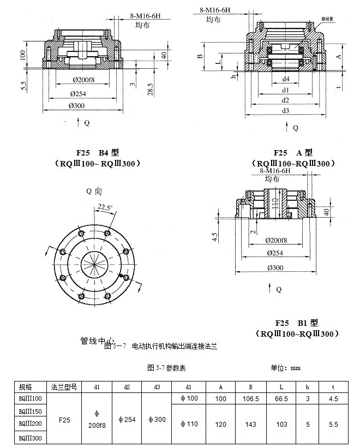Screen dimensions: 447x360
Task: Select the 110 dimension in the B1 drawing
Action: point(275,203)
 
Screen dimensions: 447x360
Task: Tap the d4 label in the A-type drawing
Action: point(285,80)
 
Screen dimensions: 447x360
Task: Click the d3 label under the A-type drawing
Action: point(285,111)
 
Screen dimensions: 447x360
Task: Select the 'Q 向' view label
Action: point(94,191)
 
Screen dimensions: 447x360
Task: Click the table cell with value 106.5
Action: point(250,399)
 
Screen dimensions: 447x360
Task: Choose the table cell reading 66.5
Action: point(280,399)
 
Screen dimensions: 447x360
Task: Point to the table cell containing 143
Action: point(250,424)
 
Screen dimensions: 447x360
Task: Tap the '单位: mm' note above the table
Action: point(285,368)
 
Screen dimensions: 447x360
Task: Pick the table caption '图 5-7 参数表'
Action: point(166,368)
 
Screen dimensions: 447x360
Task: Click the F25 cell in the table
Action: point(64,420)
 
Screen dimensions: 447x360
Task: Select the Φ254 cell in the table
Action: point(127,420)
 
